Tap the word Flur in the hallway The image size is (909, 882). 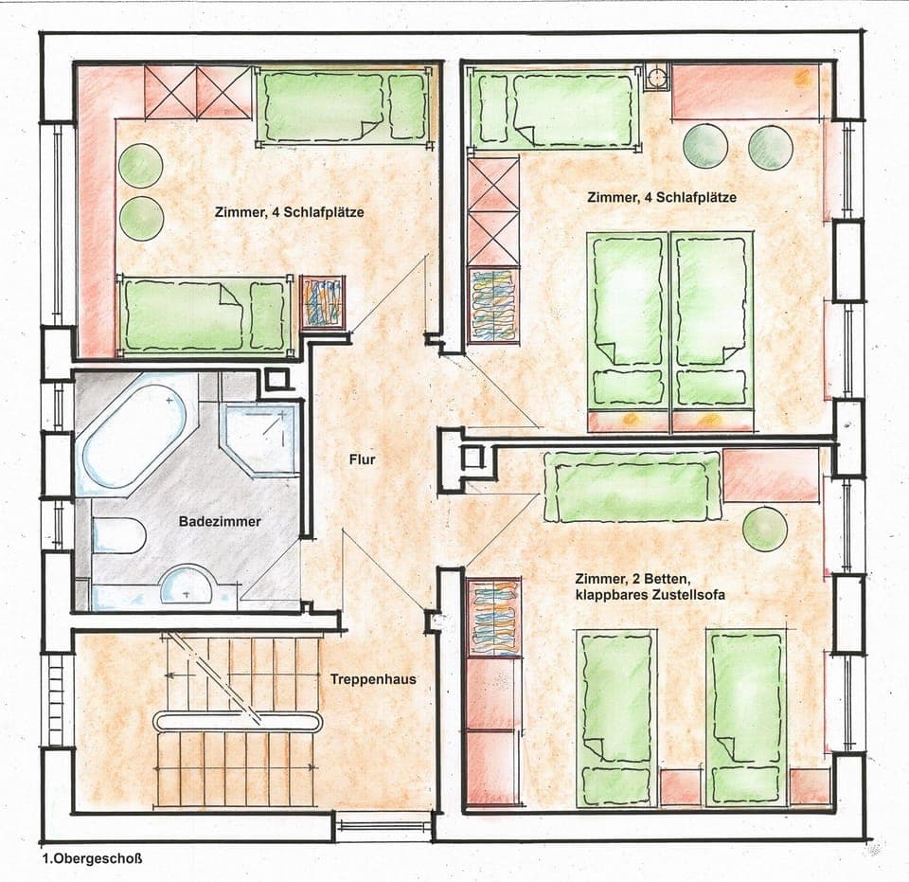pyautogui.click(x=362, y=461)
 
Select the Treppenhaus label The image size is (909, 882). pyautogui.click(x=373, y=679)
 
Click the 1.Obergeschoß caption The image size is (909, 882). pyautogui.click(x=91, y=860)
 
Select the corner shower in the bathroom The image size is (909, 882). pyautogui.click(x=258, y=437)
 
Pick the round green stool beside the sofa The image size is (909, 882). pyautogui.click(x=765, y=529)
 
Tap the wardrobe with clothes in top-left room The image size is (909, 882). pyautogui.click(x=323, y=302)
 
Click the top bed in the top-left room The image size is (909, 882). pyautogui.click(x=344, y=105)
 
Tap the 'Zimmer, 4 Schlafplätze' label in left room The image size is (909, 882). pyautogui.click(x=290, y=212)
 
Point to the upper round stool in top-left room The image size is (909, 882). pyautogui.click(x=139, y=166)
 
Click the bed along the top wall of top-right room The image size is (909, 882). pyautogui.click(x=555, y=110)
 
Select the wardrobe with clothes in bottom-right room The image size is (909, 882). pyautogui.click(x=493, y=618)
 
